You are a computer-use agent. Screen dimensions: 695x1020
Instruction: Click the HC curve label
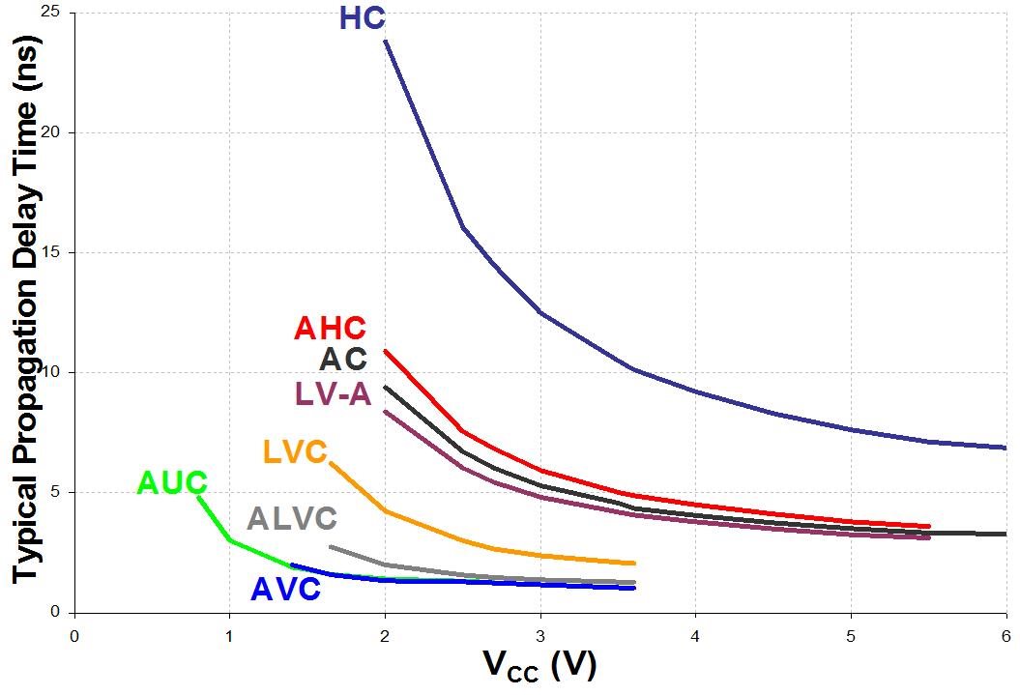coord(363,18)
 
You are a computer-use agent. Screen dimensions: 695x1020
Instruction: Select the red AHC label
coord(330,329)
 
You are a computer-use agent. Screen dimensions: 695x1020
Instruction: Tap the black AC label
coord(343,360)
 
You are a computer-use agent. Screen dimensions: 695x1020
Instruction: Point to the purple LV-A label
coord(332,393)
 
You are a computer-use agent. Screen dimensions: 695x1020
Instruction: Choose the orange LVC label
coord(295,451)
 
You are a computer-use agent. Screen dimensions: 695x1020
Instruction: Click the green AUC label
coord(172,482)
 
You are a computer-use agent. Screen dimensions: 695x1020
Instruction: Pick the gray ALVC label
coord(291,519)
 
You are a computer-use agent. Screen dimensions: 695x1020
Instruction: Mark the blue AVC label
coord(285,590)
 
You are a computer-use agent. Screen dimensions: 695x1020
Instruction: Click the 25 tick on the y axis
coord(49,13)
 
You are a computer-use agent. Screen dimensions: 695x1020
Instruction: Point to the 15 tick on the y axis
coord(49,252)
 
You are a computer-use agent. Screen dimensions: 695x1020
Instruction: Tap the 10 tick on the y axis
coord(49,372)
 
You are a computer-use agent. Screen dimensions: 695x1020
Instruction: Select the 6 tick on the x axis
coord(1006,635)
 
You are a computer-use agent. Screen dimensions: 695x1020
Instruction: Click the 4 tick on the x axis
coord(695,635)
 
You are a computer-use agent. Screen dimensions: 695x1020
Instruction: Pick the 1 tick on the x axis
coord(229,635)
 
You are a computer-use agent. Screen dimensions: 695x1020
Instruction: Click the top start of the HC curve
coord(386,41)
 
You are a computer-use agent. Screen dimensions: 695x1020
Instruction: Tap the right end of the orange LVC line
coord(634,563)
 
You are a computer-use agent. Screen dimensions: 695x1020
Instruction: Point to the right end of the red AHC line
coord(929,527)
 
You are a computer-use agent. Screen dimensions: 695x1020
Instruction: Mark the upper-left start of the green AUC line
coord(199,497)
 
